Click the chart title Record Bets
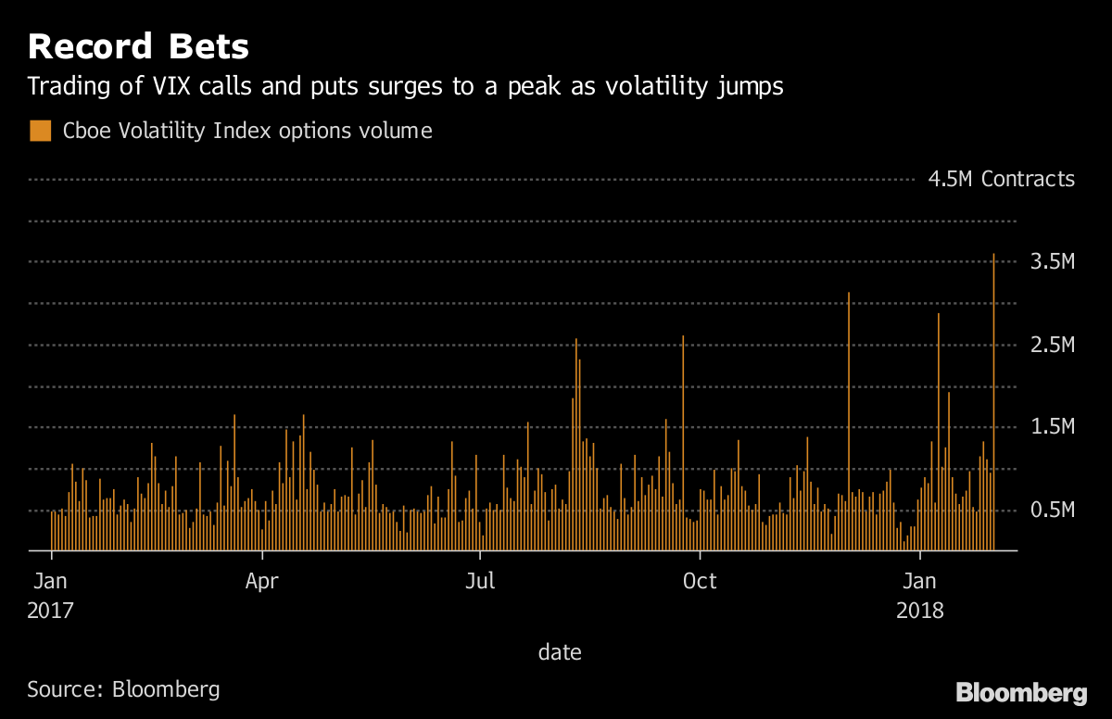138,46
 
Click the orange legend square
40,131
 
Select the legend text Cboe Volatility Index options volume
247,131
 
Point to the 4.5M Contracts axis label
1002,179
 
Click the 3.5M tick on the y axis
1053,262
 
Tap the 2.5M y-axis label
1053,346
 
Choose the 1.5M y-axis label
1053,427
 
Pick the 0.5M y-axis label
1053,511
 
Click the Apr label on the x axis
263,582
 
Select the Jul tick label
480,582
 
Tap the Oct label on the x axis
700,582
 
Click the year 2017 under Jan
50,611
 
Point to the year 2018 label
919,611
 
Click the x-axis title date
560,652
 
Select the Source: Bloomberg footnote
123,689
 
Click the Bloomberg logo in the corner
1021,692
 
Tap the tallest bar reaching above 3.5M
994,398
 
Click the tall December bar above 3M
849,417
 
